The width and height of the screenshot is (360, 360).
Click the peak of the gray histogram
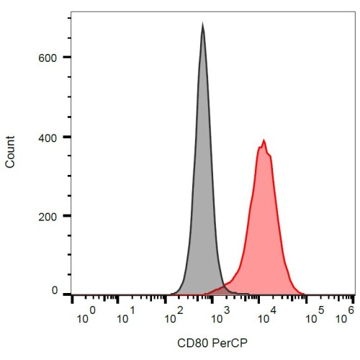click(x=203, y=23)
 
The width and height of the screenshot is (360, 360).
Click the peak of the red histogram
click(x=264, y=140)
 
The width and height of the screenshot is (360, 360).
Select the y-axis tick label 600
click(x=48, y=58)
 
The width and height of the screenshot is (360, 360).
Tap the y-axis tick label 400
click(x=48, y=138)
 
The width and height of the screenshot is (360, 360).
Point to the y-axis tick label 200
click(x=48, y=217)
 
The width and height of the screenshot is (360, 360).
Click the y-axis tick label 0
click(x=55, y=290)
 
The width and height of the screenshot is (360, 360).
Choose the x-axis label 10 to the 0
click(x=86, y=315)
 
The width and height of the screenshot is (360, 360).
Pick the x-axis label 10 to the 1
click(x=126, y=315)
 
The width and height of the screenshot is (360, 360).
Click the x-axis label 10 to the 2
click(x=174, y=315)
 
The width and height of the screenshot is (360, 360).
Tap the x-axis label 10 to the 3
click(x=220, y=315)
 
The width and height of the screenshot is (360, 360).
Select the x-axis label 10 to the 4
click(x=267, y=315)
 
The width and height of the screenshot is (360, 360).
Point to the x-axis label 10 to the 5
click(x=315, y=315)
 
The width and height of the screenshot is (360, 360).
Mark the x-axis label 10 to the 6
click(x=345, y=315)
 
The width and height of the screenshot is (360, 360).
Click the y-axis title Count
click(x=10, y=152)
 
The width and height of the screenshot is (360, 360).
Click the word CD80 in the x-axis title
click(x=192, y=343)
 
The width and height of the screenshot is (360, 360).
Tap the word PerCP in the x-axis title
click(x=230, y=343)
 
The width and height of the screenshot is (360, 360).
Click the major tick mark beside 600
click(x=68, y=57)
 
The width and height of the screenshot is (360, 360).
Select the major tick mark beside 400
click(x=68, y=137)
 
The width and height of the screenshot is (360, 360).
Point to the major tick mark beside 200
click(x=68, y=216)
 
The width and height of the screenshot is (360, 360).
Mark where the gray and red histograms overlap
click(x=222, y=291)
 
